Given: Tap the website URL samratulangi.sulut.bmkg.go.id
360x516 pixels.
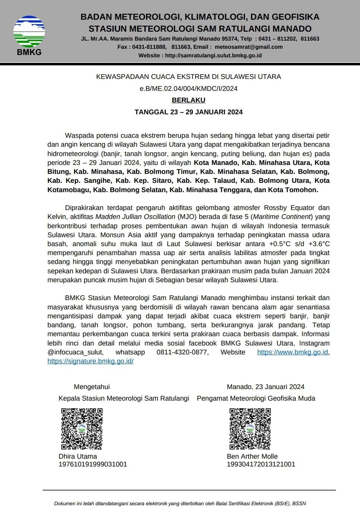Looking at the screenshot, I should click(x=213, y=55).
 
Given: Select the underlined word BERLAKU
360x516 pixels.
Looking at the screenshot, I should click(x=188, y=100).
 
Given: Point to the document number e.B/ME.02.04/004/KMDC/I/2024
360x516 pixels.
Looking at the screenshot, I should click(x=188, y=89).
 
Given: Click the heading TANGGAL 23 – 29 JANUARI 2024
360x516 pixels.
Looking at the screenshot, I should click(x=188, y=112).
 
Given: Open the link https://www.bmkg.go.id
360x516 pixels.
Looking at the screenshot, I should click(x=293, y=352).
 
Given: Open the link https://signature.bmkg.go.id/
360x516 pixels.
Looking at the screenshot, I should click(x=90, y=361).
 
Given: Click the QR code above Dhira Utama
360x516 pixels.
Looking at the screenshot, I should click(x=82, y=429).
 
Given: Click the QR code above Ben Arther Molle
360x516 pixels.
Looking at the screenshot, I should click(x=250, y=429).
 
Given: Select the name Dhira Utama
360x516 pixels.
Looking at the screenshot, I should click(x=78, y=456).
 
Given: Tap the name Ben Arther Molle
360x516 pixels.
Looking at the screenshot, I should click(x=252, y=456).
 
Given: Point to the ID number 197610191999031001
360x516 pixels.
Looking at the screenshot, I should click(x=93, y=464).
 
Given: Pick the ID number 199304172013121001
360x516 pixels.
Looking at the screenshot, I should click(x=261, y=464).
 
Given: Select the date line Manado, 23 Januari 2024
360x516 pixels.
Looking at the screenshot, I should click(x=265, y=387).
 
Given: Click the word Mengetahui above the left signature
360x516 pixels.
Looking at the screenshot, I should click(x=92, y=387).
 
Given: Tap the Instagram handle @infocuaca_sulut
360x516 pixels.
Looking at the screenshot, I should click(x=76, y=352).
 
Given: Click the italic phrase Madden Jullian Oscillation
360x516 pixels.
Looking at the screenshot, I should click(x=136, y=217).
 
